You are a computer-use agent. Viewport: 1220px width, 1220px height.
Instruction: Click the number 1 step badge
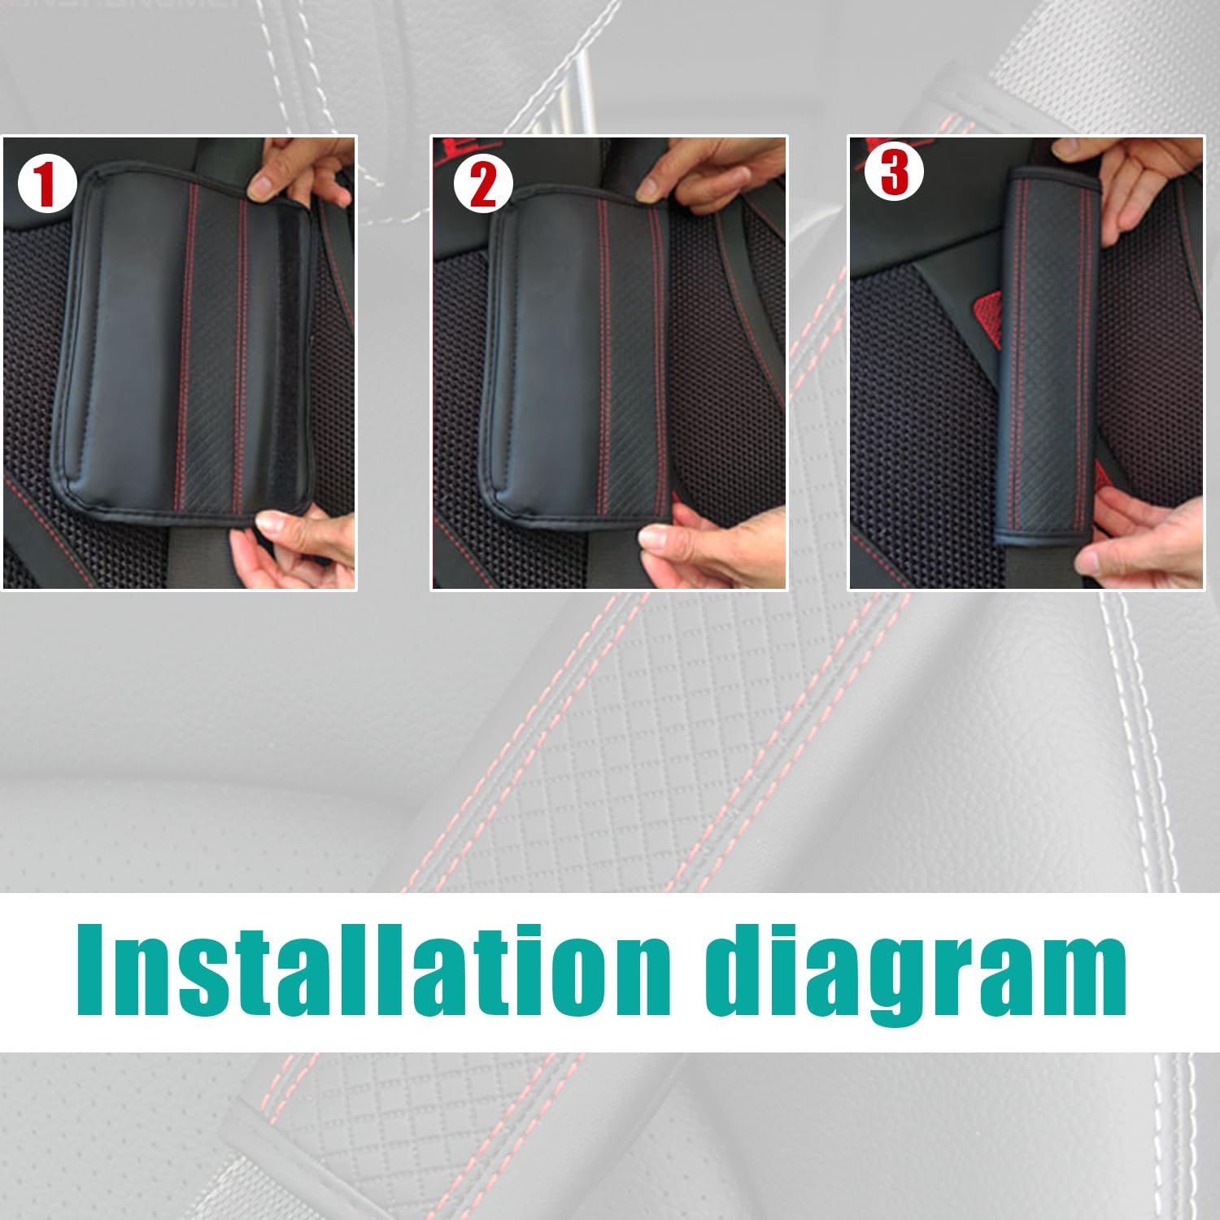click(47, 185)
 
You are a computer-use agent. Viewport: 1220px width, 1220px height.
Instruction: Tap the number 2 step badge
click(483, 185)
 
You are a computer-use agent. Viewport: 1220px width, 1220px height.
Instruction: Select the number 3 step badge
click(894, 172)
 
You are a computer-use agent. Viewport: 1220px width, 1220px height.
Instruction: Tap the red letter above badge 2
click(447, 148)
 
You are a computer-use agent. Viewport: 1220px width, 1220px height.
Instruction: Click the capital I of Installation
click(92, 969)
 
